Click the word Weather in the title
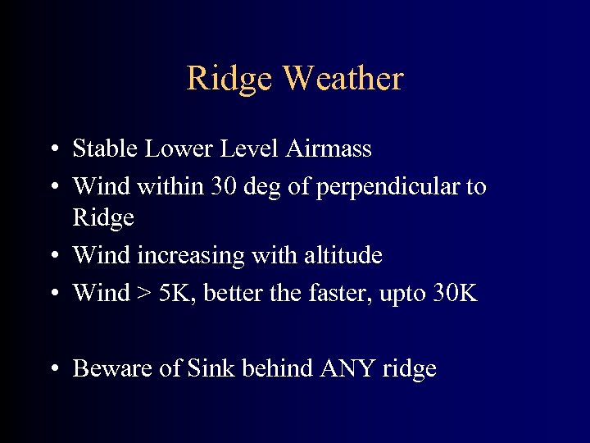pos(343,79)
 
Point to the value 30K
pos(455,292)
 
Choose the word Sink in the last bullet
pos(211,368)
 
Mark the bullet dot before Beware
pos(52,369)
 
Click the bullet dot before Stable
pos(52,149)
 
